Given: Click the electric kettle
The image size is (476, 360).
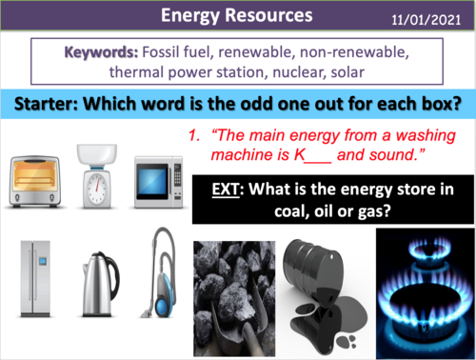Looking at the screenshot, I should [x=96, y=282].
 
